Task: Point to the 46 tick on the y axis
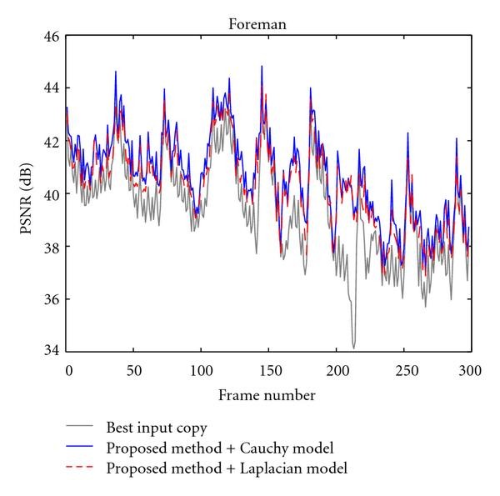pos(51,36)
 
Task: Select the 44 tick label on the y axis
pos(51,88)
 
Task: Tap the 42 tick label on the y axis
pos(51,141)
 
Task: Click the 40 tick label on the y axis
pos(51,194)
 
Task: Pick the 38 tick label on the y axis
pos(51,247)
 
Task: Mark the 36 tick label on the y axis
pos(51,299)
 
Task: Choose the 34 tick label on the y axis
pos(51,352)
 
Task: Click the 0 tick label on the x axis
pos(68,369)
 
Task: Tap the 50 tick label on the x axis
pos(135,369)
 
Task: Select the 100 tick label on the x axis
pos(202,369)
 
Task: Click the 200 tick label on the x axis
pos(337,369)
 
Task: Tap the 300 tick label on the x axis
pos(471,369)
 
